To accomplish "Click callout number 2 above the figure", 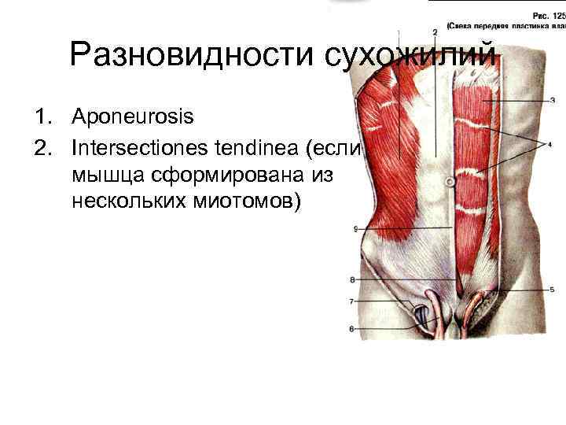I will click(435, 31).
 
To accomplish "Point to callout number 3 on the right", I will click(553, 100).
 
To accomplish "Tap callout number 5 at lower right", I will click(553, 289).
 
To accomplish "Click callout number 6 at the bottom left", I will click(351, 328).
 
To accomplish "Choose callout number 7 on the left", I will click(351, 301).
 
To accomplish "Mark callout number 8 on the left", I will click(351, 279).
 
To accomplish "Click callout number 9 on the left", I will click(356, 229).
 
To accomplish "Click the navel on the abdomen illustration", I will click(450, 181).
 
